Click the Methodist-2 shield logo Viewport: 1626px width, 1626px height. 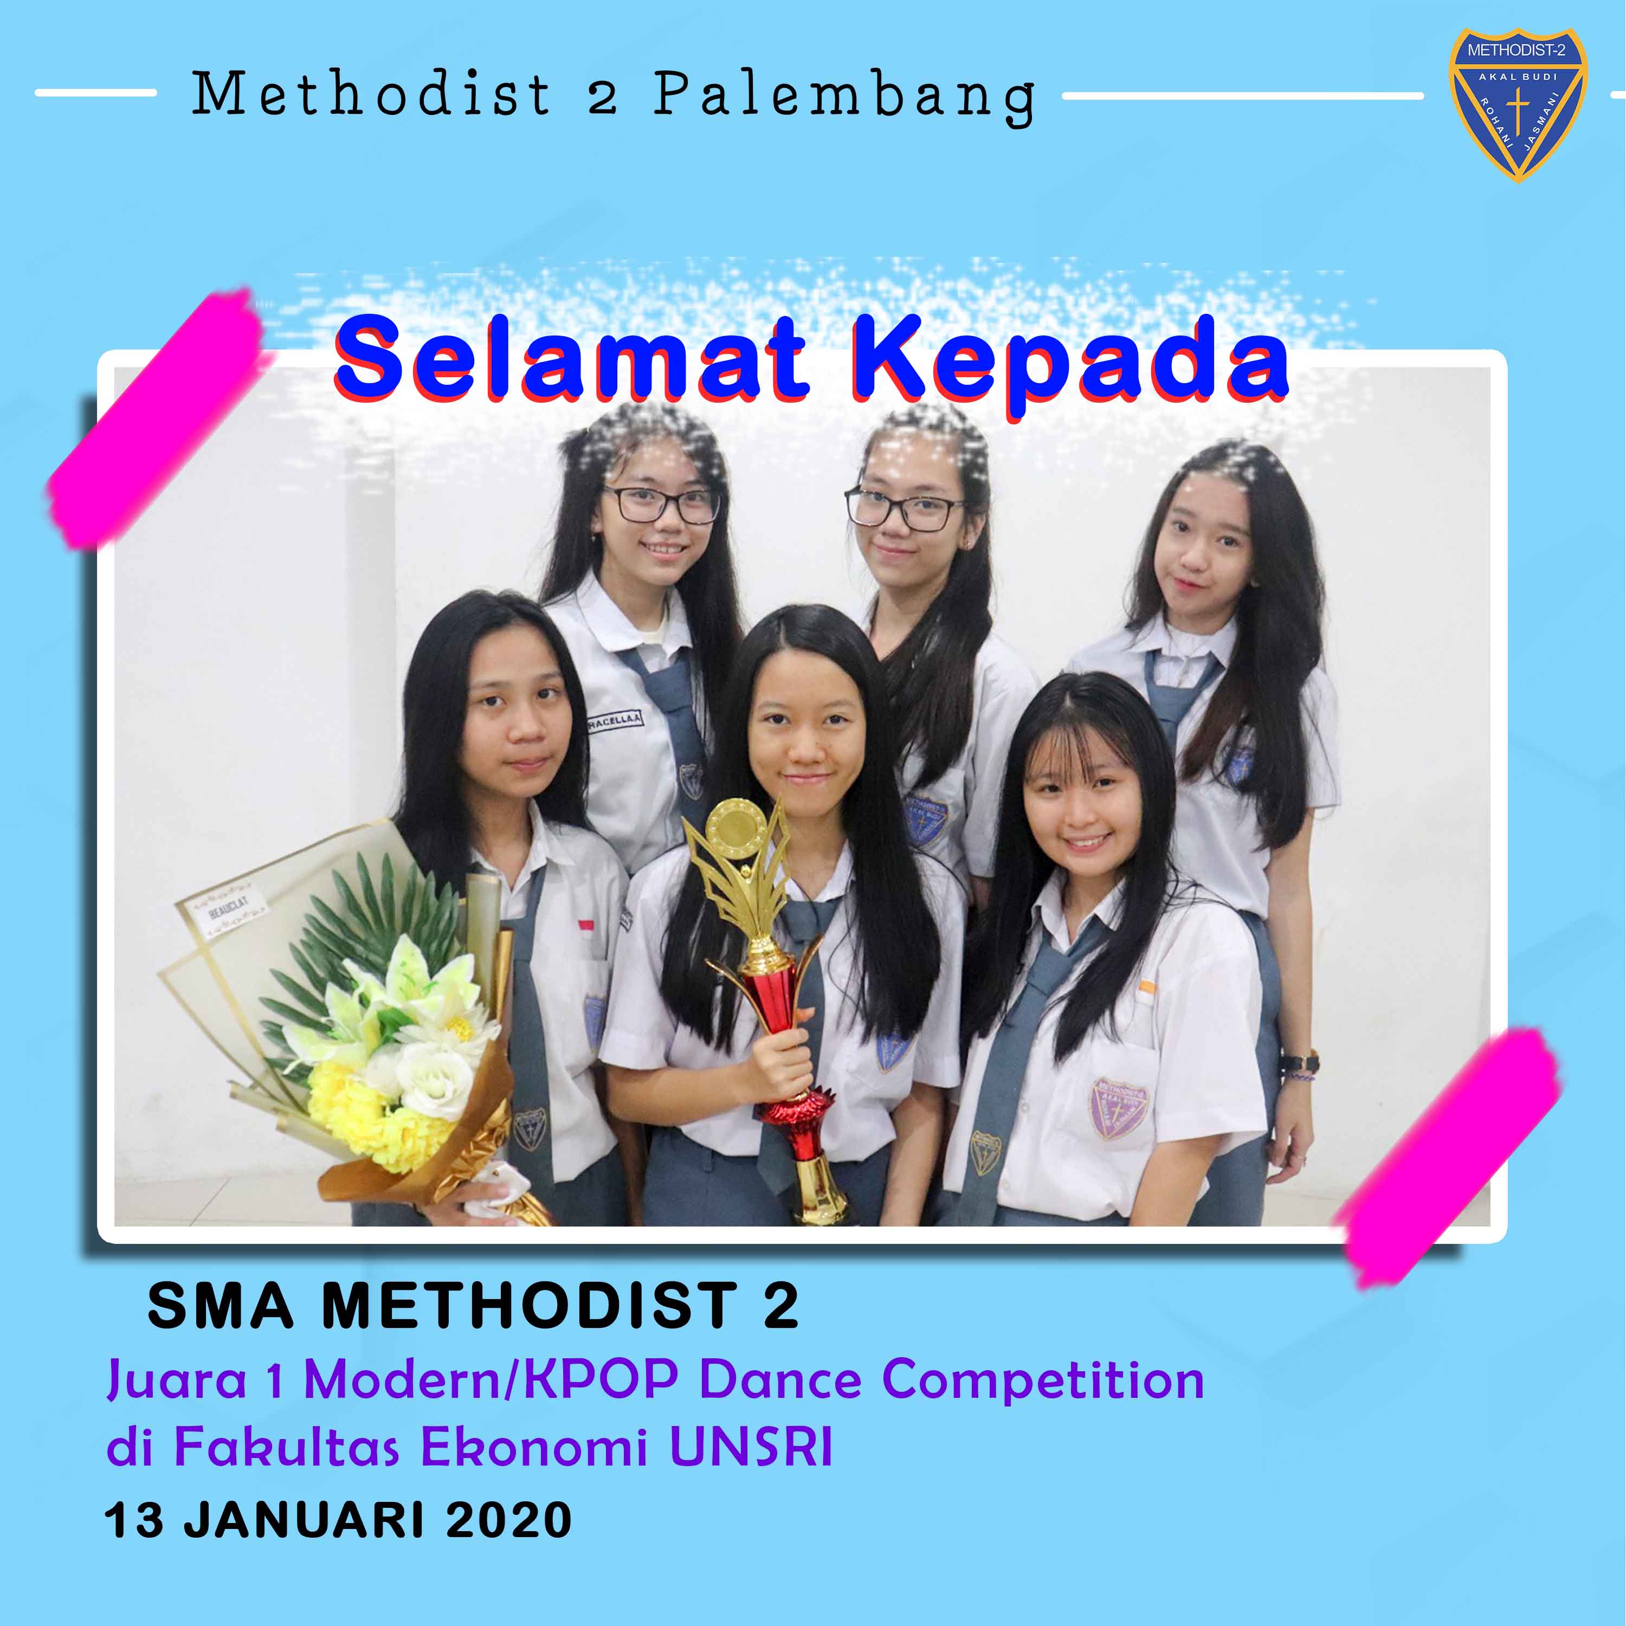point(1518,105)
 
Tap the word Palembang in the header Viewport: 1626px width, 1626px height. point(844,98)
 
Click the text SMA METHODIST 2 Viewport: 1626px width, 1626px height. point(473,1306)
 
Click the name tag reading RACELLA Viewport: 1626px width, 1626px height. point(615,720)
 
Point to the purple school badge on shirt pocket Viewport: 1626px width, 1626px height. point(1119,1107)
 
